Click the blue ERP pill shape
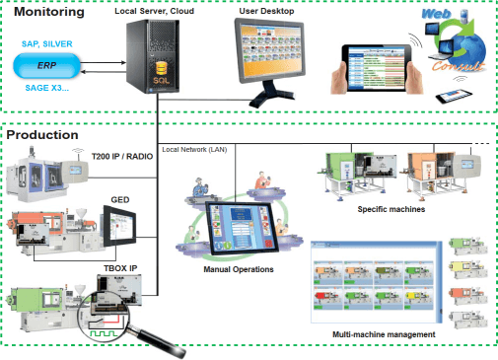tap(46, 64)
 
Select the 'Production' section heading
tap(43, 134)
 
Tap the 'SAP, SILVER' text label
tap(47, 43)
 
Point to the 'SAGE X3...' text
tap(47, 88)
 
